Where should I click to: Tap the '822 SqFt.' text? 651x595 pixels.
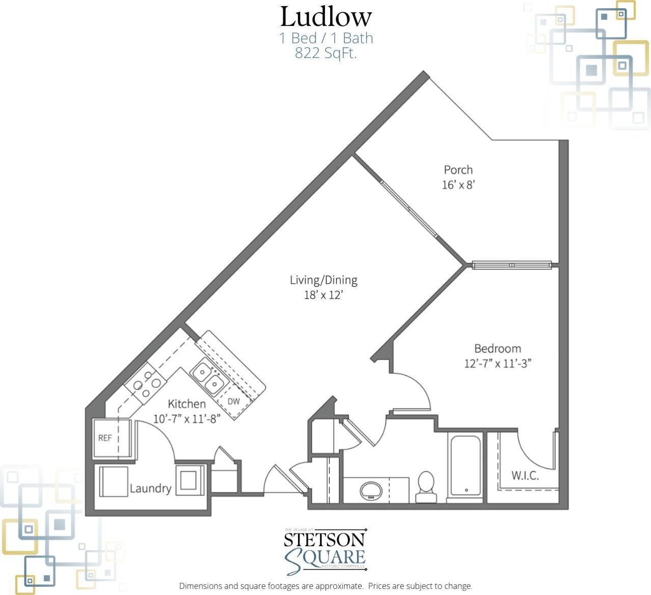click(x=325, y=53)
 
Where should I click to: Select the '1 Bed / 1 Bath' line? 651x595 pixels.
click(x=325, y=38)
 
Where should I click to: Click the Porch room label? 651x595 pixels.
click(x=458, y=170)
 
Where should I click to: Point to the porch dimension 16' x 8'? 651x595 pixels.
click(x=458, y=185)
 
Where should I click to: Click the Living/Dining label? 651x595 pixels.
click(x=323, y=280)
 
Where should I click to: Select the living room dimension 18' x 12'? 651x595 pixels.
click(x=323, y=295)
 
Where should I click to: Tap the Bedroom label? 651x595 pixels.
click(x=497, y=348)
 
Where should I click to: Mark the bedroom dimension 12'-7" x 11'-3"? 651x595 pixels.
click(x=497, y=364)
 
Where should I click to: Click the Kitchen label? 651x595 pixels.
click(x=186, y=404)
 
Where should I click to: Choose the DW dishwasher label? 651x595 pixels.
click(x=233, y=401)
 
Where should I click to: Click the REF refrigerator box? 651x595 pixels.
click(x=105, y=438)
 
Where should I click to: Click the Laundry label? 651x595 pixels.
click(x=150, y=489)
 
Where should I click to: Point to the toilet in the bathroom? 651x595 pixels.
click(x=426, y=488)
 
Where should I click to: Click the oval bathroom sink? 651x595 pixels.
click(x=371, y=491)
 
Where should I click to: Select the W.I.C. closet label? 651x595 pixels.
click(x=525, y=476)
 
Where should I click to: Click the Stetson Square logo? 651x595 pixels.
click(x=325, y=552)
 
